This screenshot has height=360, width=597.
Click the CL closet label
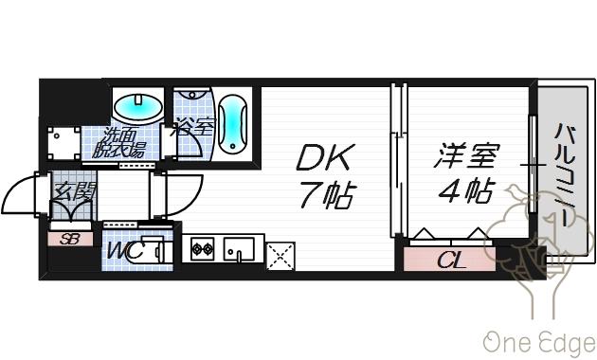[452, 259]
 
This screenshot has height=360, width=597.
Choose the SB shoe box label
[70, 239]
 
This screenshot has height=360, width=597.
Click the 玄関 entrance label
[72, 192]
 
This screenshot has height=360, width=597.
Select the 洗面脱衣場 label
[121, 142]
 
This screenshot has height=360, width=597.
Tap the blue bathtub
[233, 123]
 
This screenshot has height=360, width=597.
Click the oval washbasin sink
[136, 104]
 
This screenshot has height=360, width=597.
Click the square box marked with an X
[280, 254]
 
